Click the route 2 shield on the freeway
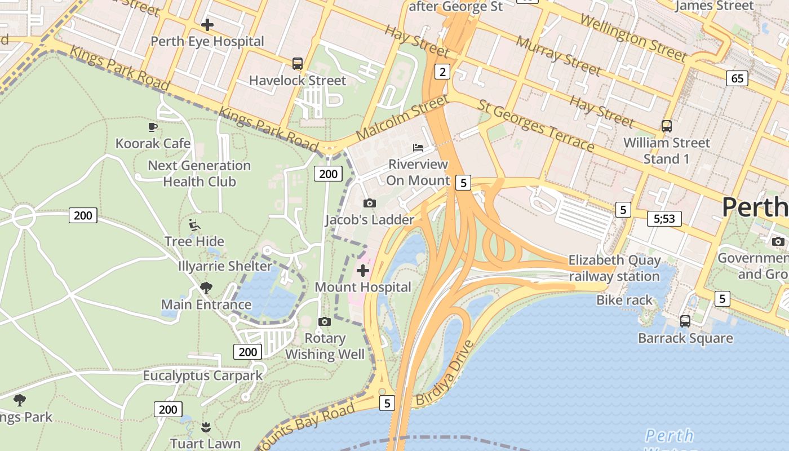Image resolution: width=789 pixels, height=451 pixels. (442, 72)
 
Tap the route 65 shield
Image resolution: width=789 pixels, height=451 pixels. (737, 78)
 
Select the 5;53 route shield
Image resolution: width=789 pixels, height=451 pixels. (664, 219)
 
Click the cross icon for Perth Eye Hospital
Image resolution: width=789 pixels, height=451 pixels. (207, 25)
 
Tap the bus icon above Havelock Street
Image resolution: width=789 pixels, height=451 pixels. (298, 64)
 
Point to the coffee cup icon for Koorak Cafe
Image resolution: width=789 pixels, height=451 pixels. (152, 127)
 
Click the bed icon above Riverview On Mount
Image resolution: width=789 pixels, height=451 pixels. (418, 148)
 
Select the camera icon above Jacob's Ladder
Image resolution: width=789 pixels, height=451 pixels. (370, 203)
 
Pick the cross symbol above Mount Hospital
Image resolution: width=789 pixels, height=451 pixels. (363, 271)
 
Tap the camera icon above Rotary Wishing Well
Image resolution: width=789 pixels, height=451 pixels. (324, 321)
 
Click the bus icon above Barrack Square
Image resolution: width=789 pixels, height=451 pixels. (685, 321)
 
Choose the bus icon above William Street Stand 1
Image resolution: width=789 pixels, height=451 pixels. (667, 126)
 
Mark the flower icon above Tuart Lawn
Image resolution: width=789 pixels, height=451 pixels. (206, 427)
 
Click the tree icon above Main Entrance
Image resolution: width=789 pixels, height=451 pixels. (206, 288)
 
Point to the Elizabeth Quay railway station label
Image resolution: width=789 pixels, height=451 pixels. (614, 268)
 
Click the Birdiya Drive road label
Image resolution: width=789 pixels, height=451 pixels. (443, 373)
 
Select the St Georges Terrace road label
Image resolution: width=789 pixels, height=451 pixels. (535, 126)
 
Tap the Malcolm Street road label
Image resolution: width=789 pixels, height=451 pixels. (401, 119)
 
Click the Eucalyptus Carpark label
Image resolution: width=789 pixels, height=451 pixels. (202, 375)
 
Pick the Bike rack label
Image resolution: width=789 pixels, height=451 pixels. (624, 300)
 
